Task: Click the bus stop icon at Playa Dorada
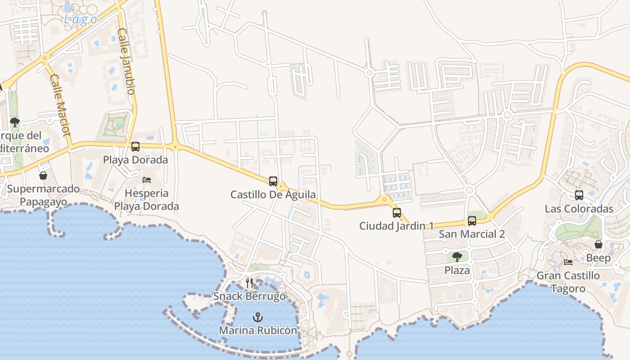tap(135, 147)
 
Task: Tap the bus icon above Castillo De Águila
tap(273, 181)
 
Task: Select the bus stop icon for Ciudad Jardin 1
tap(397, 213)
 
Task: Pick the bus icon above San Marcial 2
tap(472, 221)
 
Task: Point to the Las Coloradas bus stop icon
tap(579, 195)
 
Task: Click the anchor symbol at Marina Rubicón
tap(257, 317)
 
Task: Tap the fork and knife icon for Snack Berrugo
tap(249, 283)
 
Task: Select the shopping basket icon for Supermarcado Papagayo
tap(43, 175)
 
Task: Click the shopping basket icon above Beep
tap(598, 244)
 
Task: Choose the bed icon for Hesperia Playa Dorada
tap(147, 180)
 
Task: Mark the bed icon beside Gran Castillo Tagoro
tap(568, 262)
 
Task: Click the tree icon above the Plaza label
tap(457, 257)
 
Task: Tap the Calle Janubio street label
tap(126, 61)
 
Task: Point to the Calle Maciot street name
tap(60, 105)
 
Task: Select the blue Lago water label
tap(81, 19)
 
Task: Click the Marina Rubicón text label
tap(258, 330)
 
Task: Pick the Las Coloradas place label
tap(579, 209)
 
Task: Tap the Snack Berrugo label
tap(249, 297)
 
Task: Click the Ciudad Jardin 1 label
tap(396, 226)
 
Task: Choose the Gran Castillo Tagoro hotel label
tap(568, 282)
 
